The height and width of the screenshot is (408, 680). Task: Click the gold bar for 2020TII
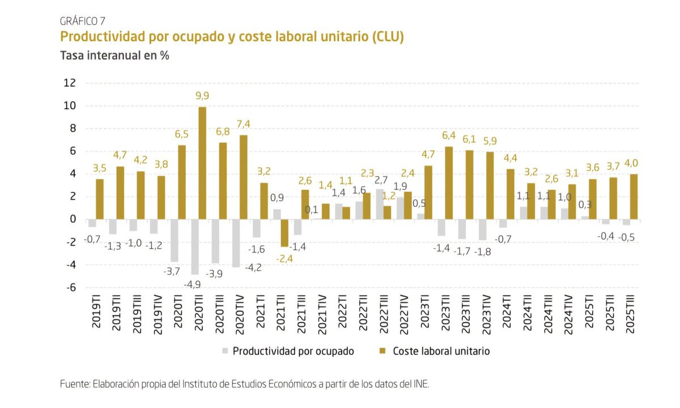tap(202, 163)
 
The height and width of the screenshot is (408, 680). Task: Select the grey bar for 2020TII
tap(194, 247)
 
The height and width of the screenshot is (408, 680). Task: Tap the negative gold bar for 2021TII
tap(284, 233)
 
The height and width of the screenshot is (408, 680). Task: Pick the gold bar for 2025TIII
tap(634, 197)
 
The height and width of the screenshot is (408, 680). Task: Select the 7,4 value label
tap(244, 124)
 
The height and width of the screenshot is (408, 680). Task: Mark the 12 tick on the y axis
tap(69, 83)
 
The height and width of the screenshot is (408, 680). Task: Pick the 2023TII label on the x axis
tap(448, 315)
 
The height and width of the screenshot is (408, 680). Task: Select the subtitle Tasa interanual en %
tap(115, 56)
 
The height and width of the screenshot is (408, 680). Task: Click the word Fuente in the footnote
tap(74, 384)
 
